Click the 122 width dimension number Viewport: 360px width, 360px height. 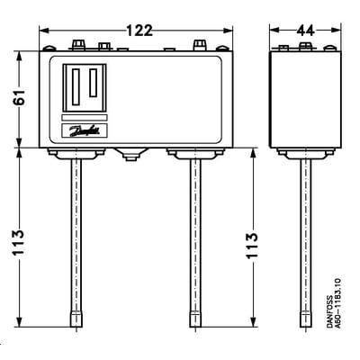139,31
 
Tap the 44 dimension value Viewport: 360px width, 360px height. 305,31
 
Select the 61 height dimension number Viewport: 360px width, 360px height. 19,97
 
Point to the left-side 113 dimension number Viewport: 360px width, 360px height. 19,242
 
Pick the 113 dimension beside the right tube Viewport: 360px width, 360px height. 252,246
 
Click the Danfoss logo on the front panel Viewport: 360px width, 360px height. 85,131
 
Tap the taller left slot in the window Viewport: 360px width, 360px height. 76,87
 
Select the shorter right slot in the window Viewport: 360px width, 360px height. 93,83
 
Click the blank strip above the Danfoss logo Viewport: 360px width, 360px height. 85,117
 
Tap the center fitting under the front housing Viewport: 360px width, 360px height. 130,154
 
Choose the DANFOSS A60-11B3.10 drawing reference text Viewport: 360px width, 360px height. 334,303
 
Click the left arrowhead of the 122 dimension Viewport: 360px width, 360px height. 44,31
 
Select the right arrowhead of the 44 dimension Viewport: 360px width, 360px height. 337,31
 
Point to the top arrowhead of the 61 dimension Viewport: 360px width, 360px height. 19,56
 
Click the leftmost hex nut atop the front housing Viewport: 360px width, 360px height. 77,45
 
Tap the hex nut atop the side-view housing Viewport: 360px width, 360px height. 304,46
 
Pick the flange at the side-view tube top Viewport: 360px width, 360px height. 306,153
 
